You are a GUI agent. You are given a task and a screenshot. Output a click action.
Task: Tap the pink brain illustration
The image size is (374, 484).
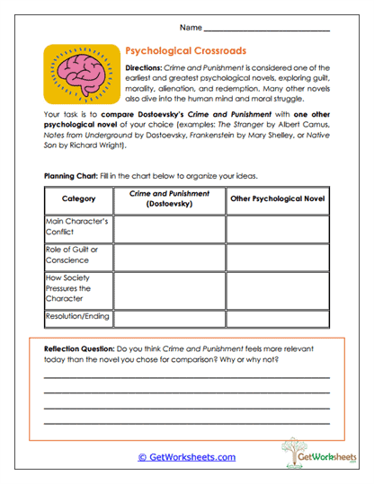click(x=82, y=74)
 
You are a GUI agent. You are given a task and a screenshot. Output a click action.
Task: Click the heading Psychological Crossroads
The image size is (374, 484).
click(x=185, y=51)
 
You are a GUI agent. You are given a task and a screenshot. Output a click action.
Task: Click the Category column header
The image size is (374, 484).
click(x=78, y=198)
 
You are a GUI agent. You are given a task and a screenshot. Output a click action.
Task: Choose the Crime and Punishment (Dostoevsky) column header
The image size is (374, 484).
click(x=169, y=198)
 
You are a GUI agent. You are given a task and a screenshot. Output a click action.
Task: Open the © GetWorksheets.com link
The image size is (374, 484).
click(x=186, y=457)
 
